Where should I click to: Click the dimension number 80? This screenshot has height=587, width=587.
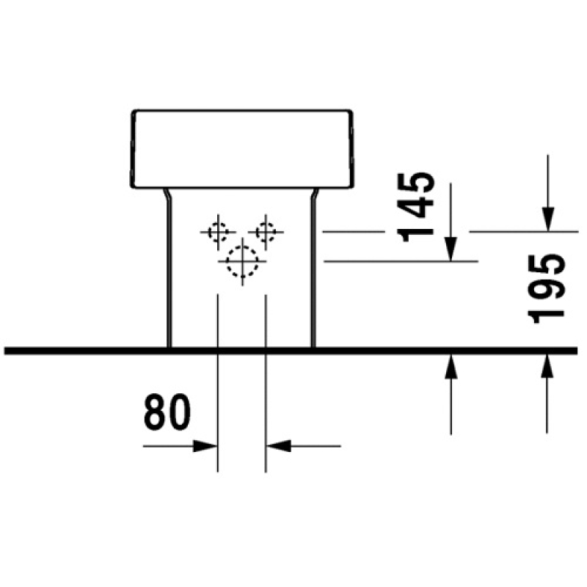point(167,412)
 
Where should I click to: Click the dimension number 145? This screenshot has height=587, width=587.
point(416,207)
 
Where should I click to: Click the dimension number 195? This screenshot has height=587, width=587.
point(546,288)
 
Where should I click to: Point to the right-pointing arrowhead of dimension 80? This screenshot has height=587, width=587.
point(205,446)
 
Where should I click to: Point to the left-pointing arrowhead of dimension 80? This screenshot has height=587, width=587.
point(279,446)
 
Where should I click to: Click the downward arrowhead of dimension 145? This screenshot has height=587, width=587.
point(451,249)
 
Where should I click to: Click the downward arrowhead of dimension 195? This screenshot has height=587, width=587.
point(547,219)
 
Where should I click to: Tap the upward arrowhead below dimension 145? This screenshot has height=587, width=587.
point(451,367)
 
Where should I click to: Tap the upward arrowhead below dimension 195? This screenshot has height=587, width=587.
point(547,367)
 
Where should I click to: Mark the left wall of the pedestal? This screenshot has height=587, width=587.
point(169,269)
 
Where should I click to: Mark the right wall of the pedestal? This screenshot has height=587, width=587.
point(313,269)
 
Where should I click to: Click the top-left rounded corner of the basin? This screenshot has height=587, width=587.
point(134,112)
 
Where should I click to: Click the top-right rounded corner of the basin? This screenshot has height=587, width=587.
point(350,112)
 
